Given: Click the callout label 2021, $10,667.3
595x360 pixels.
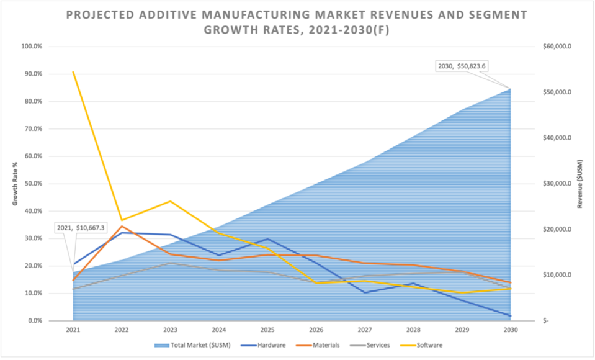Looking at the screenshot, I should tap(81, 228).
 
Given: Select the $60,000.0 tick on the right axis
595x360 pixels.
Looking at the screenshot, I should tap(556, 47).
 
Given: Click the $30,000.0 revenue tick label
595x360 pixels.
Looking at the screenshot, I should tap(556, 184).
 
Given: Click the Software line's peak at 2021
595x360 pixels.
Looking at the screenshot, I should tap(73, 72).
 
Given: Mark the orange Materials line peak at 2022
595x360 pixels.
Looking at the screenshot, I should tap(122, 226).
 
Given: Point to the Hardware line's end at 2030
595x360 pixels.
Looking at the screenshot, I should tap(511, 316).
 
